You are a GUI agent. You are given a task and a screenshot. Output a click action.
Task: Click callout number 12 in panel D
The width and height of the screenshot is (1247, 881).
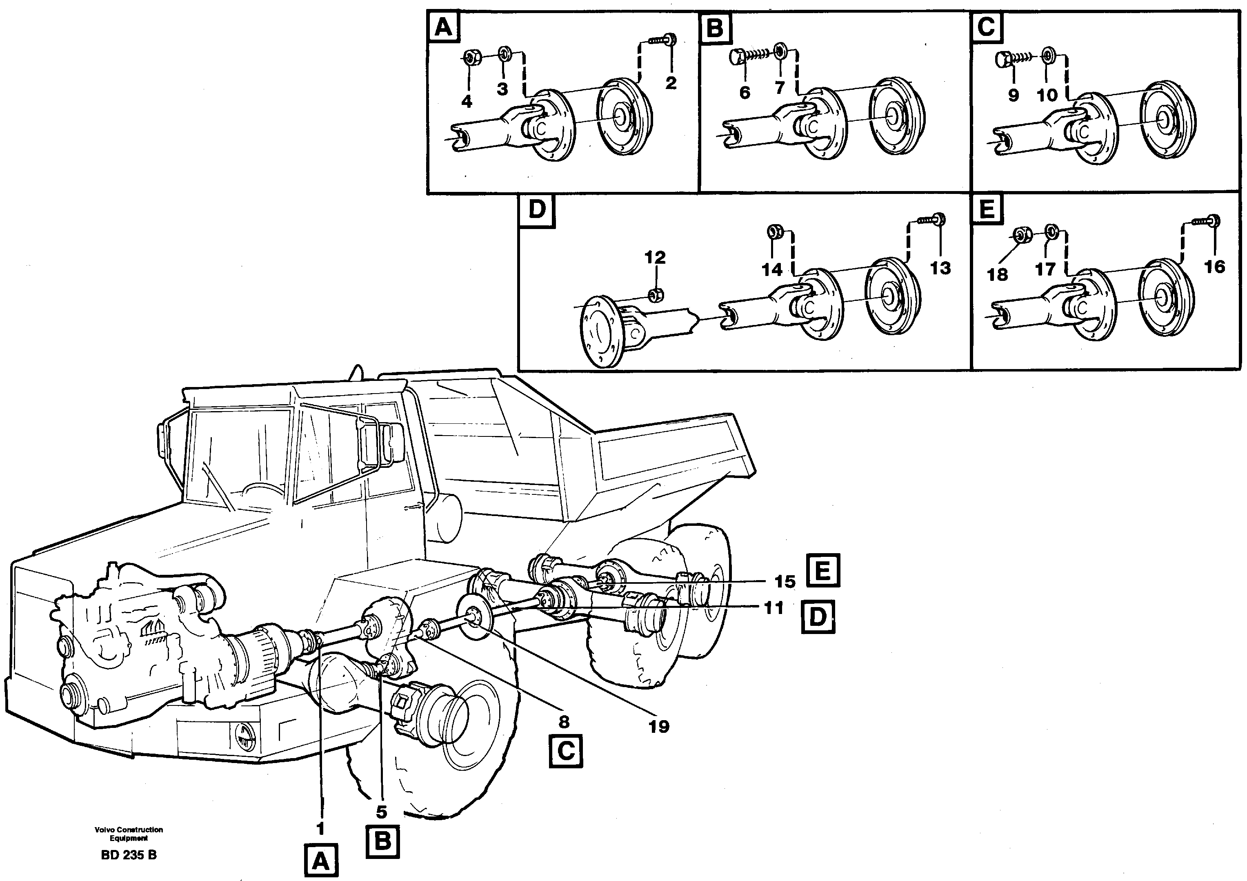[x=655, y=258]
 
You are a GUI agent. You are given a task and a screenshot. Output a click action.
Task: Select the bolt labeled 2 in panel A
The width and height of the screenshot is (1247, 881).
[x=662, y=40]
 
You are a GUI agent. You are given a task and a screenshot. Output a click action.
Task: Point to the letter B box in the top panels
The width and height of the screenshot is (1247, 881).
[x=715, y=27]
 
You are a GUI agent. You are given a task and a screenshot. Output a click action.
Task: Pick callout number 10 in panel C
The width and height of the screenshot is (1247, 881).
[x=1047, y=95]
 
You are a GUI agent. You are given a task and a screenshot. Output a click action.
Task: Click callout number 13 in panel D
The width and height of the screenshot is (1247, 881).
[x=940, y=268]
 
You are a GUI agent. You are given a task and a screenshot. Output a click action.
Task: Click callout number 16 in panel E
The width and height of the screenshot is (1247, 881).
[x=1214, y=266]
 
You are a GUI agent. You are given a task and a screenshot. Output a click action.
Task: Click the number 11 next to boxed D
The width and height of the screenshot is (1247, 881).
[x=774, y=608]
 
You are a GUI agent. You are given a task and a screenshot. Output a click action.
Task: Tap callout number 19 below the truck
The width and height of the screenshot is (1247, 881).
[x=659, y=726]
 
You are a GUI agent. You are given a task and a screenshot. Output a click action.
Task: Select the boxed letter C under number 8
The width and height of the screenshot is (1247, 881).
[x=565, y=752]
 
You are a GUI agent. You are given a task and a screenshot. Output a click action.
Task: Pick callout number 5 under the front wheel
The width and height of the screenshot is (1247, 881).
[x=381, y=812]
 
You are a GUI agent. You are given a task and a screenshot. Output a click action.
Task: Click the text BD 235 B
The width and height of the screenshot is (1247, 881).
[x=129, y=855]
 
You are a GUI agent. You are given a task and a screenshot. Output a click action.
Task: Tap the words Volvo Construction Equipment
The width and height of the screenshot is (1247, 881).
[x=129, y=834]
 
